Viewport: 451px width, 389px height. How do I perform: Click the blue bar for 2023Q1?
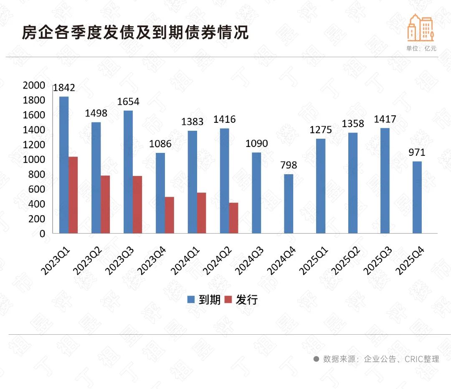click(x=63, y=165)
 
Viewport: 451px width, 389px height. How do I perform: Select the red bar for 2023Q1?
click(x=73, y=195)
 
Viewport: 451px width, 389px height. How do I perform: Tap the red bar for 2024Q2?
click(x=233, y=218)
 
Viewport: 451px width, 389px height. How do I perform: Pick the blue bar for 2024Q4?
click(x=289, y=203)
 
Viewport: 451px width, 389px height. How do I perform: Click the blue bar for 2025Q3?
click(x=385, y=181)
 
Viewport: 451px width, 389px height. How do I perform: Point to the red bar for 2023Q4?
click(x=169, y=215)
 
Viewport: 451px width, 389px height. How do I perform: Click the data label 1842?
click(x=64, y=88)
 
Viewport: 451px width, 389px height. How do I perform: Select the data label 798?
click(x=289, y=165)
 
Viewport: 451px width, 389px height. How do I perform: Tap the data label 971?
click(x=417, y=153)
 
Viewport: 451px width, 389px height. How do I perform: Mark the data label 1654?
click(x=128, y=102)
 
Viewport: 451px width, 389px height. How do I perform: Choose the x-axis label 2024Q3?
click(x=249, y=261)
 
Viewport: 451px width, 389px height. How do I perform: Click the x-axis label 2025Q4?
click(x=410, y=261)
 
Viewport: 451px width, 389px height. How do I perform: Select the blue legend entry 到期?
click(x=204, y=300)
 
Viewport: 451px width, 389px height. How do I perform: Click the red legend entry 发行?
click(x=241, y=300)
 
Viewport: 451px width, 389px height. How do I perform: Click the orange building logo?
click(x=421, y=27)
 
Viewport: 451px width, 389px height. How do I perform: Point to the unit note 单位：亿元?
click(x=421, y=48)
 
